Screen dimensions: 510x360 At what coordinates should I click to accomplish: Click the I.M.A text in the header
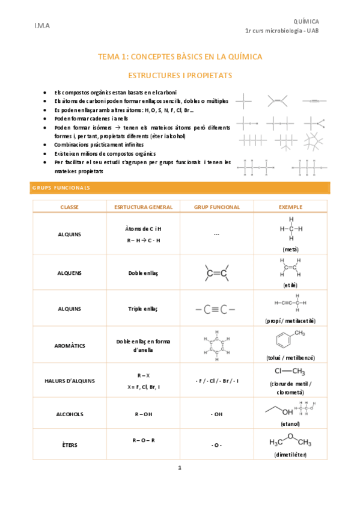tap(42, 26)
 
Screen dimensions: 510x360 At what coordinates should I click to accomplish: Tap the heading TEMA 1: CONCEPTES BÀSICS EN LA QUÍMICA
tap(180, 57)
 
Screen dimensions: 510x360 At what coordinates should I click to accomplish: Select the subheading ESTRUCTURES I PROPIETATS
tap(180, 76)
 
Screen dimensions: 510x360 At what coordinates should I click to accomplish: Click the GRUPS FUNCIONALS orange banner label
tap(60, 188)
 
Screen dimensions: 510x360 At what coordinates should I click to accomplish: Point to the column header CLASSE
tap(70, 207)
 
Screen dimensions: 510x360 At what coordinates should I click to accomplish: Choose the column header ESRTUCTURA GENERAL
tap(143, 207)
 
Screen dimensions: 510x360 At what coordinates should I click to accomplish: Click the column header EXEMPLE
tap(290, 207)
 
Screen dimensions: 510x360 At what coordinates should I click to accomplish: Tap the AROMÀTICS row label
tap(70, 346)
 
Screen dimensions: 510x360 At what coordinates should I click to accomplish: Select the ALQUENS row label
tap(70, 273)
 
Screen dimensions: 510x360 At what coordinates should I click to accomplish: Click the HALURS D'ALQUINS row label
tap(70, 381)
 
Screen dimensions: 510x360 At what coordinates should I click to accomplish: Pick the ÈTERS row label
tap(70, 445)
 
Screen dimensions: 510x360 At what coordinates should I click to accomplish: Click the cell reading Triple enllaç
tap(143, 309)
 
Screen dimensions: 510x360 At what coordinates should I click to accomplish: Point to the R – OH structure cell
tap(143, 414)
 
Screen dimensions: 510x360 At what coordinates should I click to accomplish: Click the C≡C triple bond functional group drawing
tap(216, 310)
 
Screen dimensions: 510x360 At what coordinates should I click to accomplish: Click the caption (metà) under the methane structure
tap(290, 248)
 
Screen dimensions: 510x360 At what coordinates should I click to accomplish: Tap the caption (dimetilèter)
tap(290, 454)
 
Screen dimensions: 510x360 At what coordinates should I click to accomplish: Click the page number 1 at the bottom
tap(180, 467)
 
